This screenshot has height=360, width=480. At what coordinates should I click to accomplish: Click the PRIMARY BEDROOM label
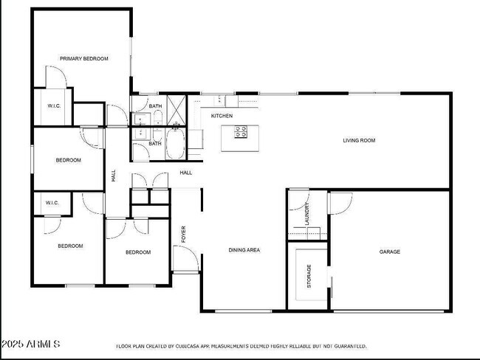(x=83, y=58)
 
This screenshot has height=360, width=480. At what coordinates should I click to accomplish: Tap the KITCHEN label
(x=222, y=116)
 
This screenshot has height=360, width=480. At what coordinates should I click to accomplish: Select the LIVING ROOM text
(x=359, y=140)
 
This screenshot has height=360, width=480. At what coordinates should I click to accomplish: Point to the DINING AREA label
(x=244, y=250)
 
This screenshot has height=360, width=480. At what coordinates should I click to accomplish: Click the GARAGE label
(x=389, y=252)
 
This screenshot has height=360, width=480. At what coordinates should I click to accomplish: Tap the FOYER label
(x=184, y=234)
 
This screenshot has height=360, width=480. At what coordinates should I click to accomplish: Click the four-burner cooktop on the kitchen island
(x=241, y=132)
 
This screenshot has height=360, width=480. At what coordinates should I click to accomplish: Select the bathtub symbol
(x=176, y=144)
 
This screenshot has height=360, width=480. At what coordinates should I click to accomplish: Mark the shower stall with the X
(x=176, y=107)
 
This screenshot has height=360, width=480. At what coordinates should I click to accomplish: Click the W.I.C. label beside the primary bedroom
(x=54, y=106)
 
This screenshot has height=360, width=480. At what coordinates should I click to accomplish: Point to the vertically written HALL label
(x=114, y=176)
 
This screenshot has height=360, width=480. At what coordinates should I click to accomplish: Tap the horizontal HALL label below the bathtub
(x=185, y=173)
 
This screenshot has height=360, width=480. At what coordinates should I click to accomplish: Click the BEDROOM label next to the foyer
(x=137, y=252)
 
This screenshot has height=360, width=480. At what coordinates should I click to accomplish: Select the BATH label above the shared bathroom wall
(x=155, y=106)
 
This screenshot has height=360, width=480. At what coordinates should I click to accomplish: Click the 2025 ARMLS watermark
(x=31, y=344)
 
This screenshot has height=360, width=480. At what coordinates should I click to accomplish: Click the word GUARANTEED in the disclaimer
(x=348, y=345)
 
